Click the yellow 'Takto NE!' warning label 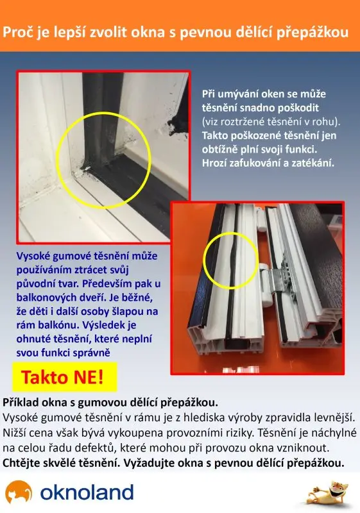pos(64,377)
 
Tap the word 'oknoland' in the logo pos(87,492)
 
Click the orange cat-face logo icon pos(19,492)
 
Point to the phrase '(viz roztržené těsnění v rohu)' pos(271,122)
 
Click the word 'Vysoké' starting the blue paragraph pos(33,256)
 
